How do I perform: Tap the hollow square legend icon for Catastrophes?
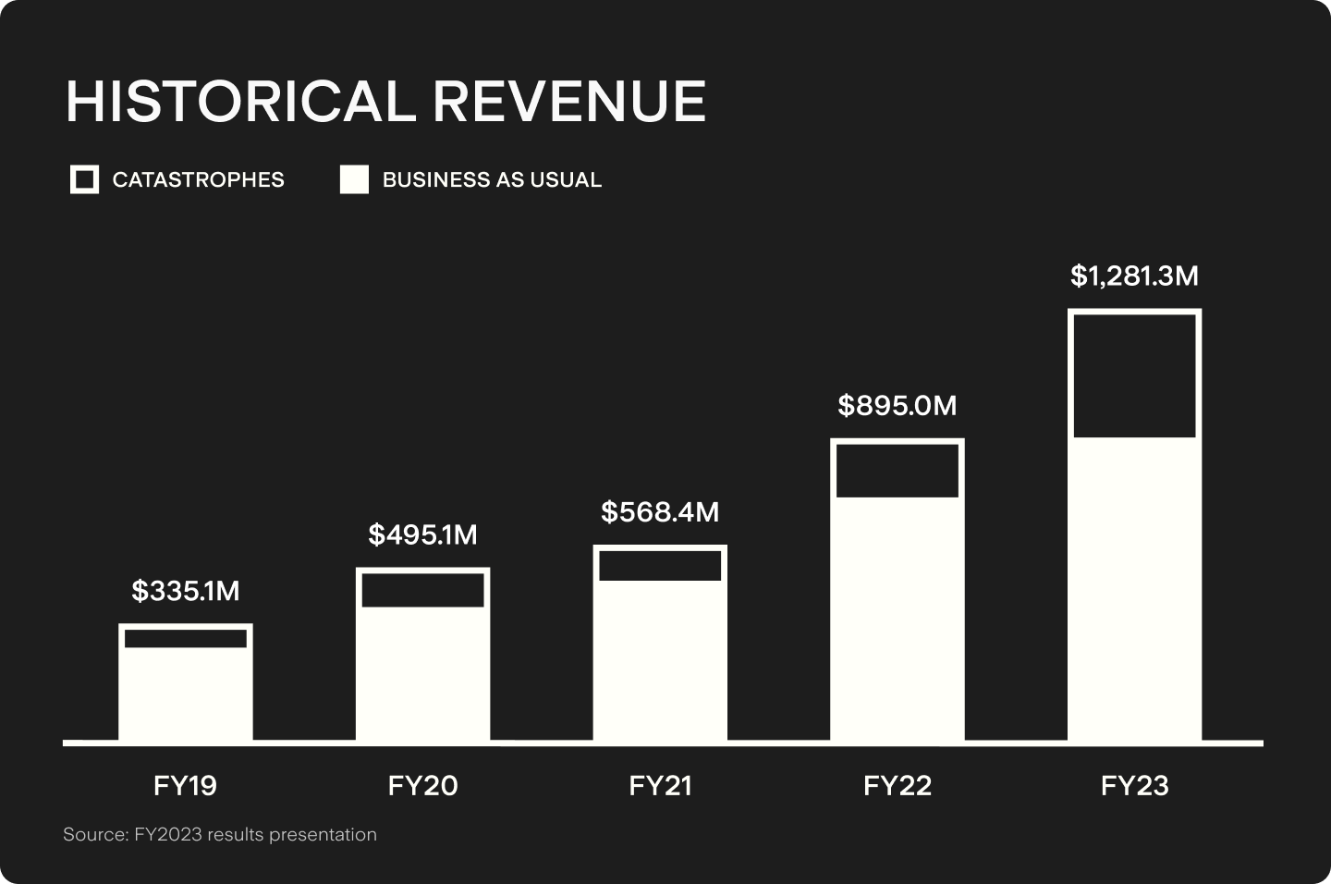point(84,179)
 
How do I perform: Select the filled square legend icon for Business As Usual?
point(354,179)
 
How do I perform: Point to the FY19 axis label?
point(185,786)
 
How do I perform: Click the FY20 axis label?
point(422,786)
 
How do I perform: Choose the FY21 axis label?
point(660,786)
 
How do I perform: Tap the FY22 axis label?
point(898,786)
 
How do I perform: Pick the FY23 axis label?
point(1134,786)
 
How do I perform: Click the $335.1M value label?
point(185,591)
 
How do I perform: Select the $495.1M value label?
point(422,534)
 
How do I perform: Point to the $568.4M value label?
point(660,511)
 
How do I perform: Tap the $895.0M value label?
point(898,405)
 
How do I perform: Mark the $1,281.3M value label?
point(1134,276)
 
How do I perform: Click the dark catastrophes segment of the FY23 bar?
point(1134,375)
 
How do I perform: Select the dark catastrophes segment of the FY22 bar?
point(898,471)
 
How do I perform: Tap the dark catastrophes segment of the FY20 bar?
point(422,590)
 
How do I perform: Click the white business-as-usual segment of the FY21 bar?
point(660,660)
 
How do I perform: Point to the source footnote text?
point(220,835)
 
